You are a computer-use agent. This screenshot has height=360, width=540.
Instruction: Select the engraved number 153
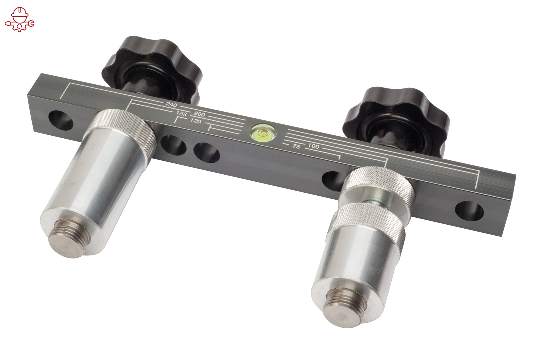pyautogui.click(x=181, y=114)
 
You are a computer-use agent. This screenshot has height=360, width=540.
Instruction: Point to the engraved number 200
pyautogui.click(x=200, y=115)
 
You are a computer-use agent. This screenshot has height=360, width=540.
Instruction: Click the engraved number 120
pyautogui.click(x=195, y=121)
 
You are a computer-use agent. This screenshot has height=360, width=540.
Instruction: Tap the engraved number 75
pyautogui.click(x=296, y=147)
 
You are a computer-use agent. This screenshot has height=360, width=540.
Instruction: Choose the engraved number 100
pyautogui.click(x=314, y=146)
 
